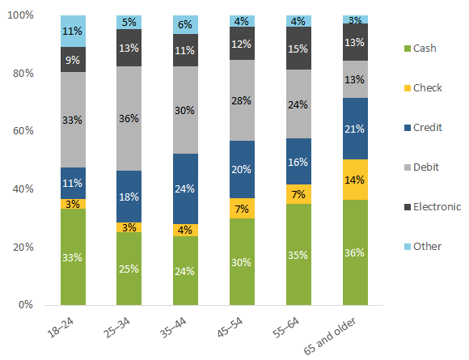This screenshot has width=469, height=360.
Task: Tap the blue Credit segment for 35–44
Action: coord(186,188)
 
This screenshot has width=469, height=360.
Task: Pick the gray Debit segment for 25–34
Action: coord(129,118)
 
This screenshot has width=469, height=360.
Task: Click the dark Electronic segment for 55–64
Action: coord(299,49)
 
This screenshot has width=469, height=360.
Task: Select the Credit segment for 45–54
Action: coord(243,169)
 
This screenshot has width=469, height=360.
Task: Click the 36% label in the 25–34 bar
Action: coord(129,118)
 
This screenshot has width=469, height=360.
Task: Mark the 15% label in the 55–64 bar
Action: coord(299,49)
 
